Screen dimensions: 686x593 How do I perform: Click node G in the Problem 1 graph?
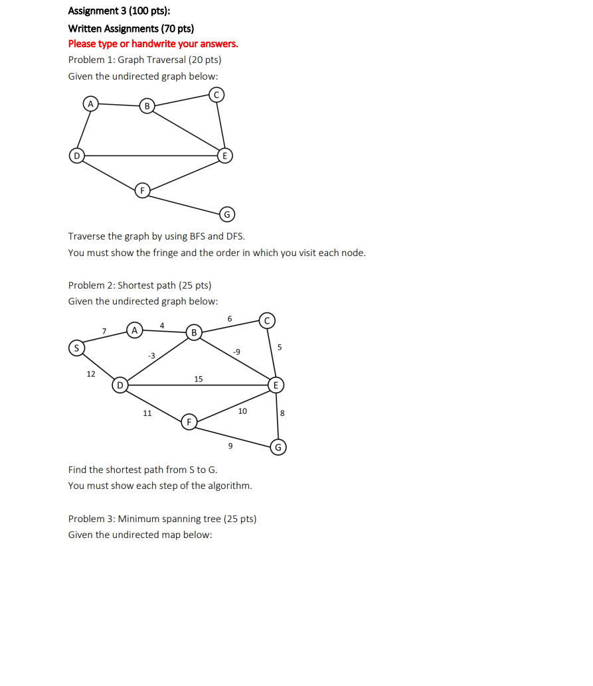click(x=226, y=214)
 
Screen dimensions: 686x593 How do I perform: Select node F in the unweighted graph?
click(x=141, y=191)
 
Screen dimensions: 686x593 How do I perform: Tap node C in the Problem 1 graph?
click(x=215, y=95)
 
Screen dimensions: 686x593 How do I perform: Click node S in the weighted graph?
click(x=76, y=348)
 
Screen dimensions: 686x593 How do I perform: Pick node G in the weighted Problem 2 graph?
click(x=278, y=447)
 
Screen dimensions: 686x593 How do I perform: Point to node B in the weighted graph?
click(x=194, y=332)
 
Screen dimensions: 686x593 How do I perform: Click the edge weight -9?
click(x=236, y=352)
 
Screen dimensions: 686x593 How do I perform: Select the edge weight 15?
click(x=199, y=379)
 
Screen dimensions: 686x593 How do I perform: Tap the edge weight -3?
click(x=151, y=356)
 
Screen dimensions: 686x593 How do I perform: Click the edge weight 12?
click(x=91, y=374)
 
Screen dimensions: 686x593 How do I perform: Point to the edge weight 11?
click(x=147, y=413)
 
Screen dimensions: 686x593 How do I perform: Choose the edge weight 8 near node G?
click(x=282, y=413)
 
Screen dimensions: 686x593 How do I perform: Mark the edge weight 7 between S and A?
click(x=104, y=330)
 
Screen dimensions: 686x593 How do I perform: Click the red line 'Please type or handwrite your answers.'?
click(x=153, y=44)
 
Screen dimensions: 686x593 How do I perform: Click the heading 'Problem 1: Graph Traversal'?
click(x=144, y=60)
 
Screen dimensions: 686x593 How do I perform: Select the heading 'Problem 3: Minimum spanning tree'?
click(x=162, y=519)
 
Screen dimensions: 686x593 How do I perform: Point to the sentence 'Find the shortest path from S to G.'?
click(x=142, y=470)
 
